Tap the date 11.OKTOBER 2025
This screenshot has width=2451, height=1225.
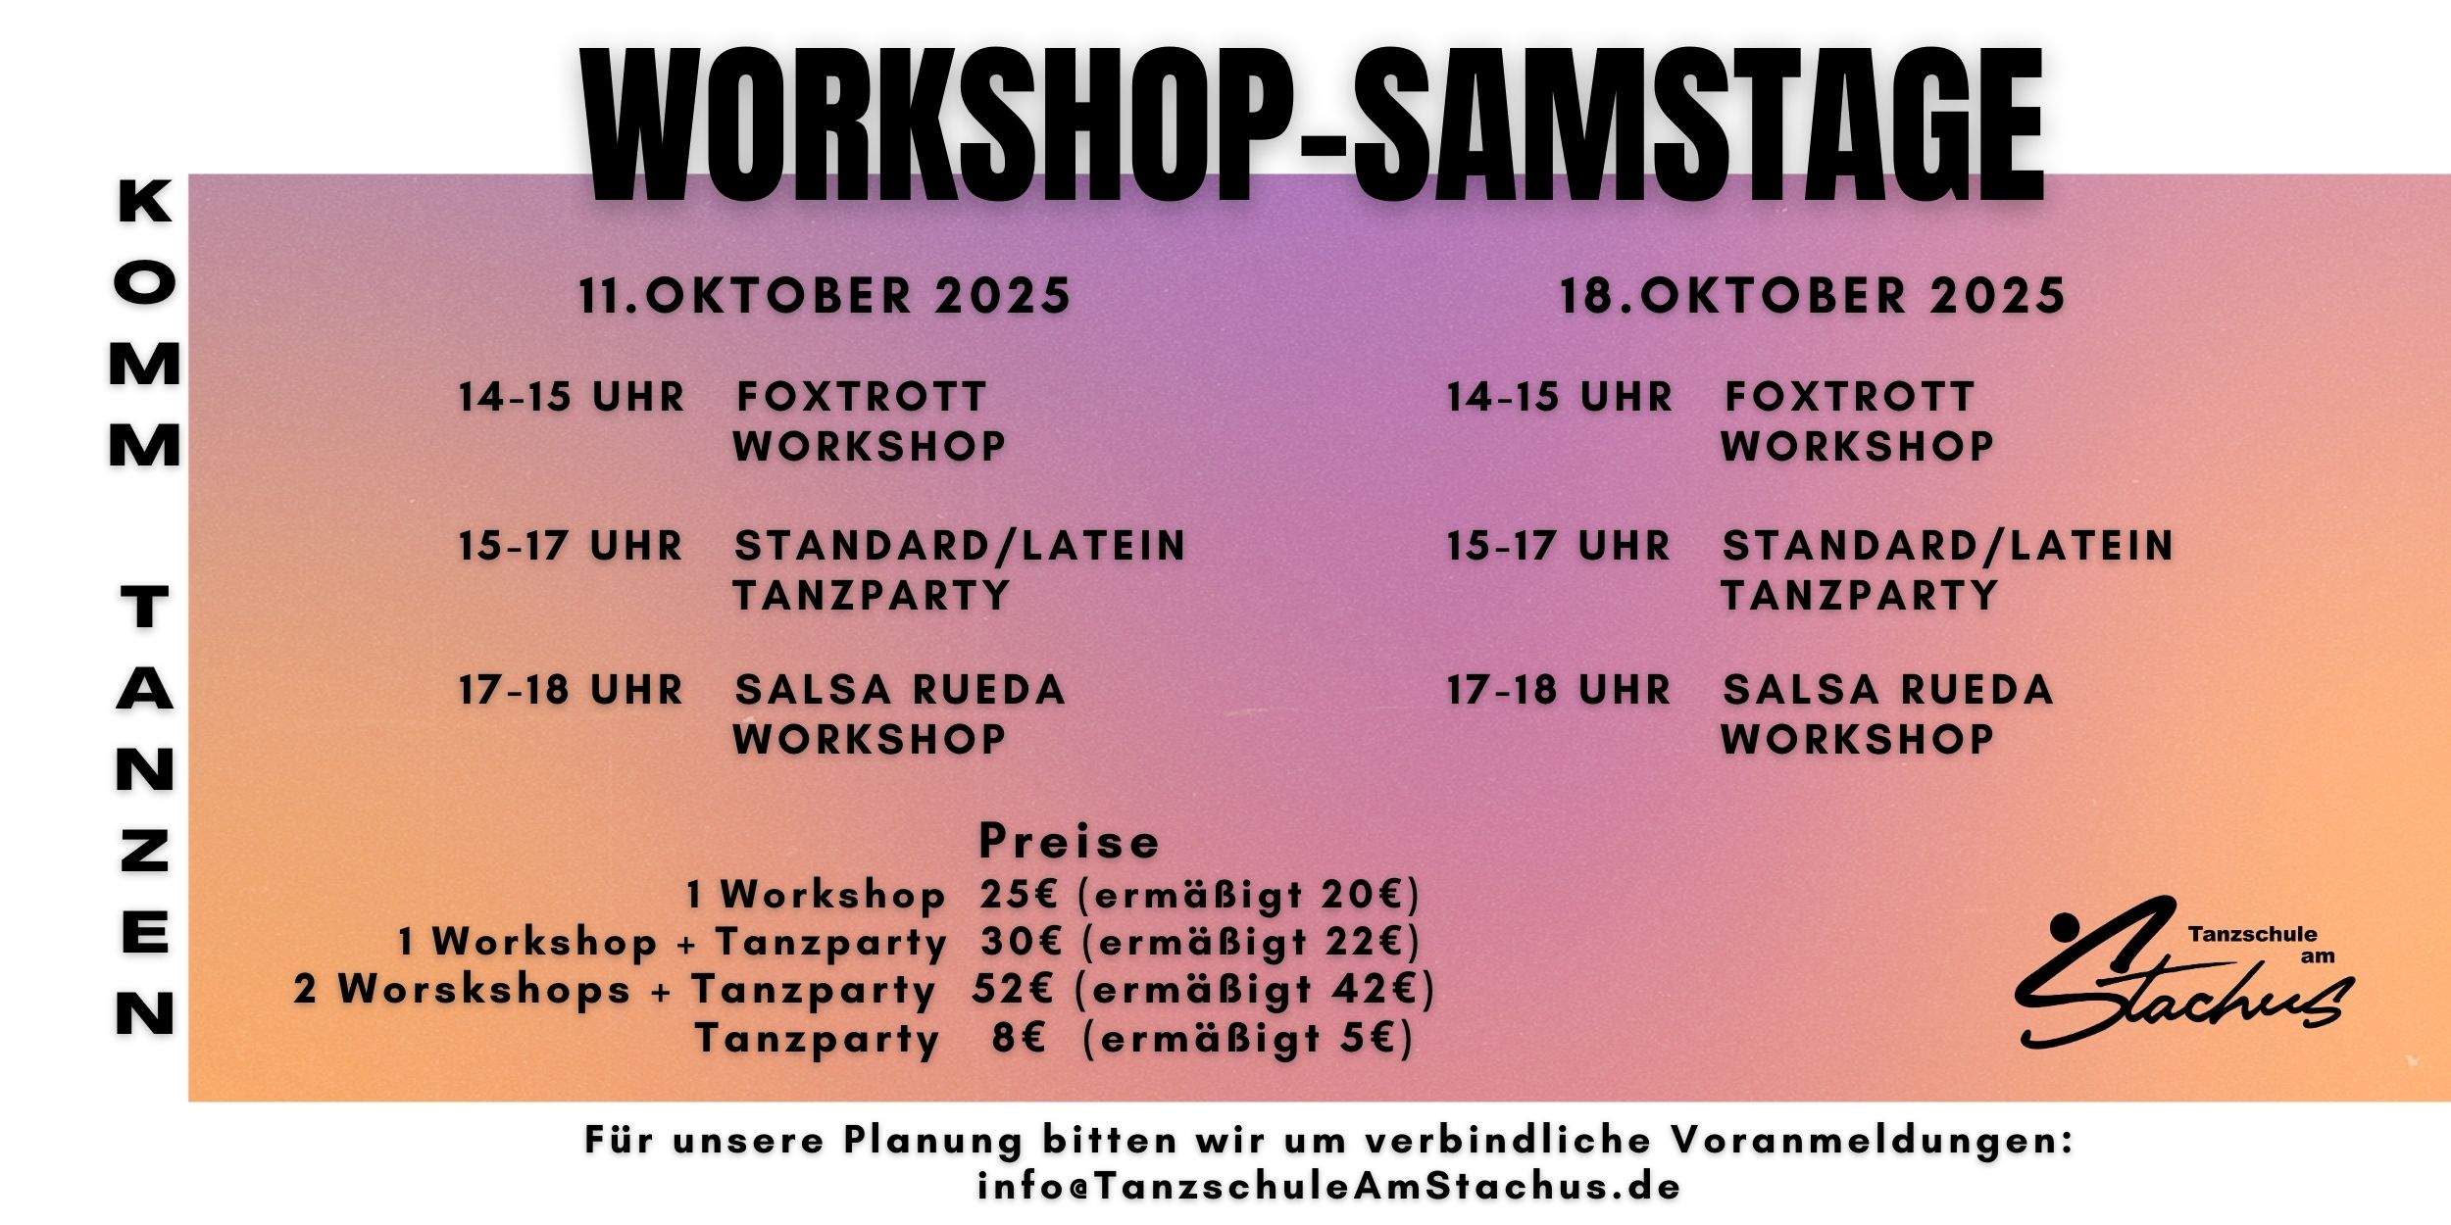[825, 296]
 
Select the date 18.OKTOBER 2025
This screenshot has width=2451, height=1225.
[1813, 296]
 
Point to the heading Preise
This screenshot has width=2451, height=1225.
[1070, 842]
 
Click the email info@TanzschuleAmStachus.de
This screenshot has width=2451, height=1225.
[1329, 1187]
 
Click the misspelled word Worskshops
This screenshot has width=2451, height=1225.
[484, 990]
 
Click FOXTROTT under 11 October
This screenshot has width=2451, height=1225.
[861, 398]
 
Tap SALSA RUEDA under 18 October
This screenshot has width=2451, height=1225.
[1888, 690]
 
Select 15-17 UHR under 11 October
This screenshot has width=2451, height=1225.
[571, 546]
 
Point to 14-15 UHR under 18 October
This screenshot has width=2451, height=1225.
[1560, 398]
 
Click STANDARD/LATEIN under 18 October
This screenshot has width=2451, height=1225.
[1948, 546]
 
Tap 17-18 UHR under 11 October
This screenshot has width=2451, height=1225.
[571, 690]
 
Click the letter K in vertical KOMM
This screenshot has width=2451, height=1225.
[145, 202]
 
